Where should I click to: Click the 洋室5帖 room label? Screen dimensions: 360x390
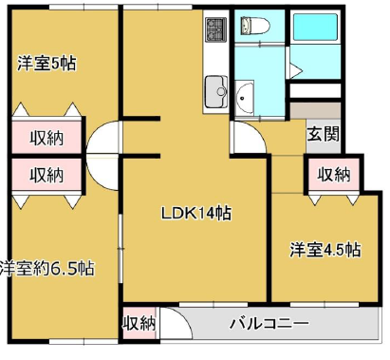point(46,64)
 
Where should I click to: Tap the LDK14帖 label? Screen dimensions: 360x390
point(194,213)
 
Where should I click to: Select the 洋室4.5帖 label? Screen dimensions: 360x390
point(325,250)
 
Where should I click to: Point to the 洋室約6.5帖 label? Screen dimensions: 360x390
point(46,267)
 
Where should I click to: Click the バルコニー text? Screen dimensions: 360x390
point(269,323)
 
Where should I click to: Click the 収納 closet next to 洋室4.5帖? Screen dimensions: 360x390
point(333,174)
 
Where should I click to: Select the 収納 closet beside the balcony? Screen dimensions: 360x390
point(139,323)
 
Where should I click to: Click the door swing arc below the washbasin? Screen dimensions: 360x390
point(249,136)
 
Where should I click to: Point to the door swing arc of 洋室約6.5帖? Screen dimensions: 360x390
point(102,174)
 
